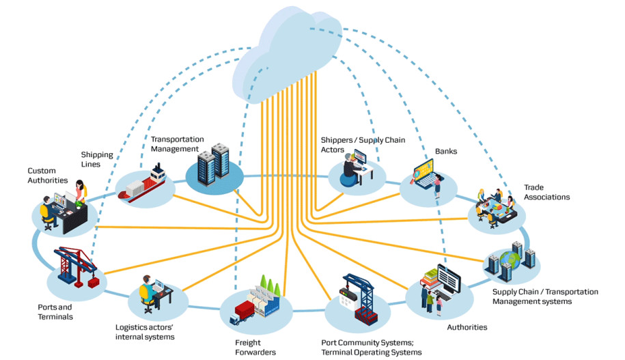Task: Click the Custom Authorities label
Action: (x=47, y=176)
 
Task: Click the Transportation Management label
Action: (x=177, y=144)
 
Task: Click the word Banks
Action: (x=445, y=151)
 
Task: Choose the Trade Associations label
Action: (x=546, y=192)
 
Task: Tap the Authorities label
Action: (x=467, y=327)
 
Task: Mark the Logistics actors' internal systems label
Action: (x=145, y=331)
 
